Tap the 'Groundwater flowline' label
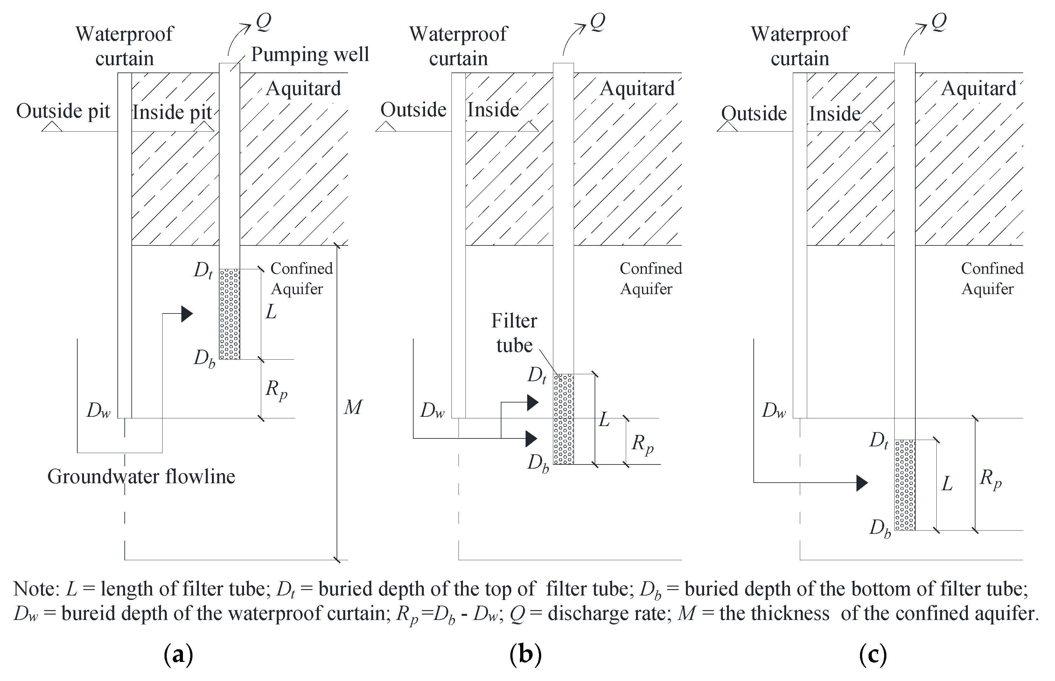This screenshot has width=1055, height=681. (141, 477)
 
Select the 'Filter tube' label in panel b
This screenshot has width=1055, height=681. (514, 333)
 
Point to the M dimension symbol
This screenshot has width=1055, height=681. (353, 407)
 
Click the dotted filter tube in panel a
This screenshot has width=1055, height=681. (230, 314)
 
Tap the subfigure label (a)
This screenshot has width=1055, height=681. (178, 655)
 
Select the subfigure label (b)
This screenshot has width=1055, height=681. (525, 655)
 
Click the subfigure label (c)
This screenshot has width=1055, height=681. (873, 655)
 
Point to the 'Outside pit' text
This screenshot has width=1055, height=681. (63, 111)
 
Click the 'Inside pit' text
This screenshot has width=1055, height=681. (172, 112)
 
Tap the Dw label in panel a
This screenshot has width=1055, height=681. (98, 411)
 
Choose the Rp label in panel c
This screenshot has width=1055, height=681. (990, 480)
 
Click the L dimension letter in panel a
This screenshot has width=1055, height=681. (271, 312)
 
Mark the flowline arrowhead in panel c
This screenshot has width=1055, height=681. (862, 483)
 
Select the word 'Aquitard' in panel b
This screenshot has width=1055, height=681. (637, 88)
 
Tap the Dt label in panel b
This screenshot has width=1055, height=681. (537, 375)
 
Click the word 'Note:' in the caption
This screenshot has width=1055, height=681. (36, 589)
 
